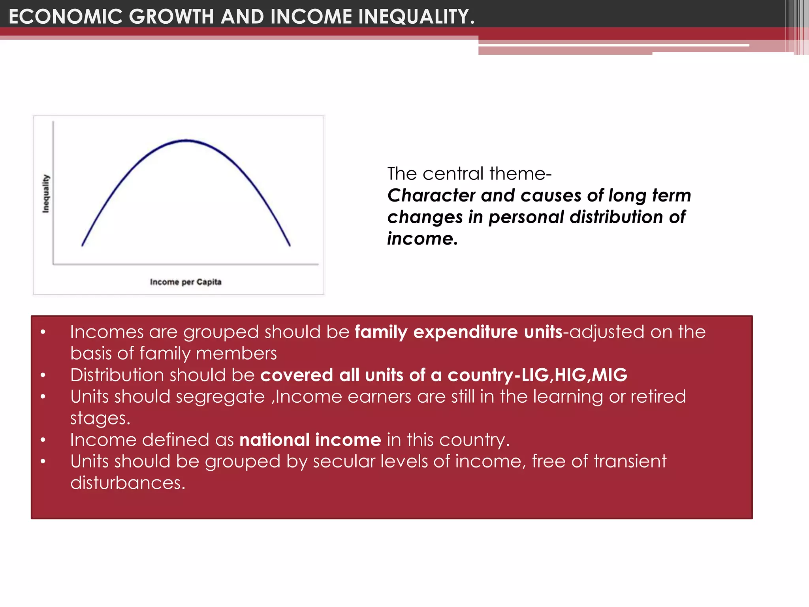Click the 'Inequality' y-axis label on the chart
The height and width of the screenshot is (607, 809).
coord(46,194)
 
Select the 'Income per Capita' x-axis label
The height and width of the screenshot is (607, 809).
coord(186,282)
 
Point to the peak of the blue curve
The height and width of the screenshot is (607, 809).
coord(186,140)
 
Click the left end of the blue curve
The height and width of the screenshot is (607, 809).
coord(82,245)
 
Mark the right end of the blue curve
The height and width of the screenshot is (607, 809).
coord(290,245)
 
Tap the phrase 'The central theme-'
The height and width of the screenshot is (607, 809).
coord(469,173)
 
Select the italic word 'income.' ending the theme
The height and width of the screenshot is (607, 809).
coord(422,238)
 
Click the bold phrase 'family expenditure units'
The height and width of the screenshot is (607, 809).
coord(458,332)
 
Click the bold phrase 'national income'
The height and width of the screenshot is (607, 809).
coord(310,440)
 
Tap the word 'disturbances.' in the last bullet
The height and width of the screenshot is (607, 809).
coord(128,483)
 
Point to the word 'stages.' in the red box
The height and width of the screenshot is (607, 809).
coord(100,418)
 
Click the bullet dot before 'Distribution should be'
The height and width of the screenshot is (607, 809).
coord(43,375)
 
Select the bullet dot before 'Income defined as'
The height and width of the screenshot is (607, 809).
coord(43,440)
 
